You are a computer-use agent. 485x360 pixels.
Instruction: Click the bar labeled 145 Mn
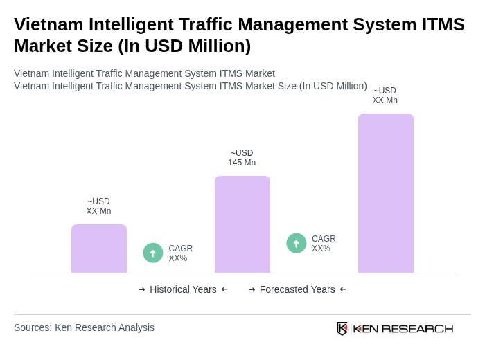click(x=242, y=224)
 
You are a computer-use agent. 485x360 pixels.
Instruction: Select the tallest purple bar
click(x=385, y=193)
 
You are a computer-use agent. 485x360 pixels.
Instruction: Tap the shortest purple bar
click(x=99, y=249)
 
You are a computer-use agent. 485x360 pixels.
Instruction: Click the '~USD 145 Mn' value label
click(x=242, y=158)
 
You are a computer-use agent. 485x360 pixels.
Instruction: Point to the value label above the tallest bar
click(x=385, y=96)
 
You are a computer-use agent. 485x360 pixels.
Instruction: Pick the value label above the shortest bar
click(x=98, y=206)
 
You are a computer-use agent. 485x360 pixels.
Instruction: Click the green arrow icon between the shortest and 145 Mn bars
click(x=153, y=253)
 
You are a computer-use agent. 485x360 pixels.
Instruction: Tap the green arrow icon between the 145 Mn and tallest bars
click(x=297, y=244)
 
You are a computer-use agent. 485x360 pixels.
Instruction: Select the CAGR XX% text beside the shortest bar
click(x=180, y=253)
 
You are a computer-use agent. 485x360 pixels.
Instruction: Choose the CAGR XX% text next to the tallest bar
click(x=324, y=244)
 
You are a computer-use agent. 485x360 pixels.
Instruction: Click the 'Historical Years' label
click(x=183, y=289)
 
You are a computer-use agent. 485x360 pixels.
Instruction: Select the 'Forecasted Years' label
click(x=297, y=289)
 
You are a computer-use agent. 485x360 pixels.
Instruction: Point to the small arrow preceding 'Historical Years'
click(x=142, y=289)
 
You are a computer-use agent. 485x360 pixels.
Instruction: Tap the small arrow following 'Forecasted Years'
click(x=343, y=289)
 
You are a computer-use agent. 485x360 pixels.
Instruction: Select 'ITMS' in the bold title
click(x=442, y=24)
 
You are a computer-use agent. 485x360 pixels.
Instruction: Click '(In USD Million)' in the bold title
click(x=184, y=46)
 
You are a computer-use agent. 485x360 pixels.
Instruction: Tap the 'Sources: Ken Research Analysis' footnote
click(x=84, y=327)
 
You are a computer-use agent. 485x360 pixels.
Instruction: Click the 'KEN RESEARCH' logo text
click(x=403, y=328)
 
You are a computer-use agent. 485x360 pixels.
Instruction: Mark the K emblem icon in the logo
click(x=342, y=328)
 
